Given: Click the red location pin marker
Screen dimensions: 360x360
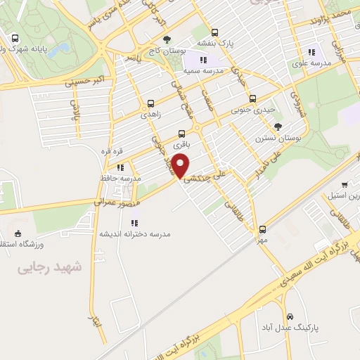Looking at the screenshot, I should point(181,165).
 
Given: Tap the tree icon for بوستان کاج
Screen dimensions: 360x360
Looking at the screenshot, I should point(167,39).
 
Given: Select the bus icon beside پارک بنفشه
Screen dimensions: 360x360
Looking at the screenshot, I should point(214,32).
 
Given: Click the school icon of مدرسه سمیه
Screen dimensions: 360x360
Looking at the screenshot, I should point(203,60).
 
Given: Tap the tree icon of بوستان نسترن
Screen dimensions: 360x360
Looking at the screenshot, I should point(279,127).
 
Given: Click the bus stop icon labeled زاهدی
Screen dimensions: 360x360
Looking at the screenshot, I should point(150,103).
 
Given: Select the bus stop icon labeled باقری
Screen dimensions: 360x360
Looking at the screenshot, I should point(182,133).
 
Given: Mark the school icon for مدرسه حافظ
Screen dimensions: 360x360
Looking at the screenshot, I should point(120,167).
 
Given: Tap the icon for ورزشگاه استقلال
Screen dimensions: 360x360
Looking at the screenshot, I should point(18,233).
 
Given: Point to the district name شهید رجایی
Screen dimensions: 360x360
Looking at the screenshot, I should point(50,267).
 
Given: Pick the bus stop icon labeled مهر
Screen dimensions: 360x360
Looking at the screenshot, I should point(263,229).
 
